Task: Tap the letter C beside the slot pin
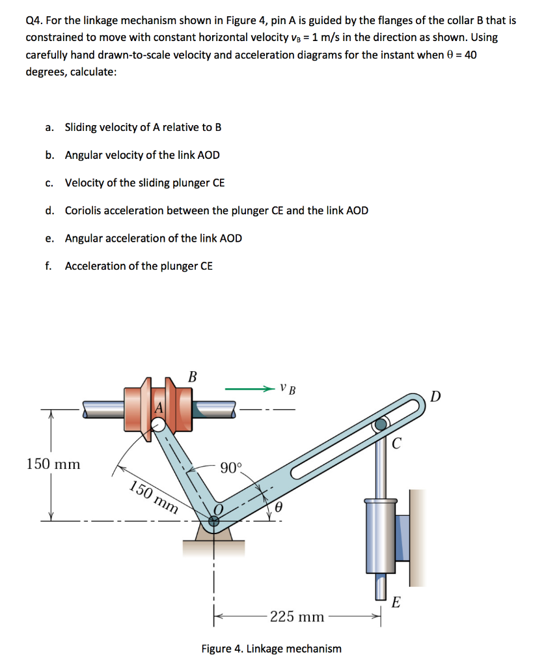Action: coord(397,445)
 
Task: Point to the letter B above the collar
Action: coord(192,376)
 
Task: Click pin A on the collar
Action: coord(157,425)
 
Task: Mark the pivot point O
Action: coord(214,520)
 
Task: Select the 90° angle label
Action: coord(230,468)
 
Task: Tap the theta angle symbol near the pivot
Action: coord(278,507)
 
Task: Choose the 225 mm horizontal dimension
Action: coord(297,616)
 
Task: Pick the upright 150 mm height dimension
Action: coord(53,464)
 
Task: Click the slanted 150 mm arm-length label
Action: coord(153,497)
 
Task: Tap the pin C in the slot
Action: coord(381,426)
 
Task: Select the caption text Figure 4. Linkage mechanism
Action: coord(271,649)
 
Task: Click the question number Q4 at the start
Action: coord(34,20)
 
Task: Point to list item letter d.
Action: coord(49,210)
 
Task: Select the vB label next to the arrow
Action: coord(288,390)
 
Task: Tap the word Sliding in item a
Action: coord(81,127)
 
